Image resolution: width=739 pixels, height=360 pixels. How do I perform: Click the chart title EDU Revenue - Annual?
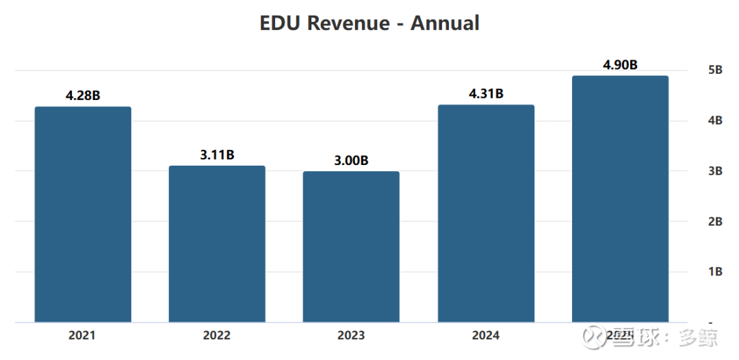coord(369,23)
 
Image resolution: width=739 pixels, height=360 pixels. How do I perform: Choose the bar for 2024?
coord(486,214)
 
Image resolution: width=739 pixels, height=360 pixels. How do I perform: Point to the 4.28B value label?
coord(83,96)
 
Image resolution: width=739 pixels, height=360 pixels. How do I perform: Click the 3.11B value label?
coord(217,155)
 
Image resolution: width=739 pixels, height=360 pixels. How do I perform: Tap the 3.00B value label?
coord(351,161)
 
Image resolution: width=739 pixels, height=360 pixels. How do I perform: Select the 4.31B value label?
coord(486,94)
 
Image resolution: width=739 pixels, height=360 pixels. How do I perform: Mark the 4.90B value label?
coord(620,65)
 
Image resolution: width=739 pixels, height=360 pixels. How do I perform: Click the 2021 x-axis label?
coord(82,335)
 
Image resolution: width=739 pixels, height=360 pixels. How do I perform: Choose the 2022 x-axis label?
coord(217,335)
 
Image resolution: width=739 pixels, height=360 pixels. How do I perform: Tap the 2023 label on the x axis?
coord(351,335)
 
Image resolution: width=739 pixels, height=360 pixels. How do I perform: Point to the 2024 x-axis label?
coord(486,335)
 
